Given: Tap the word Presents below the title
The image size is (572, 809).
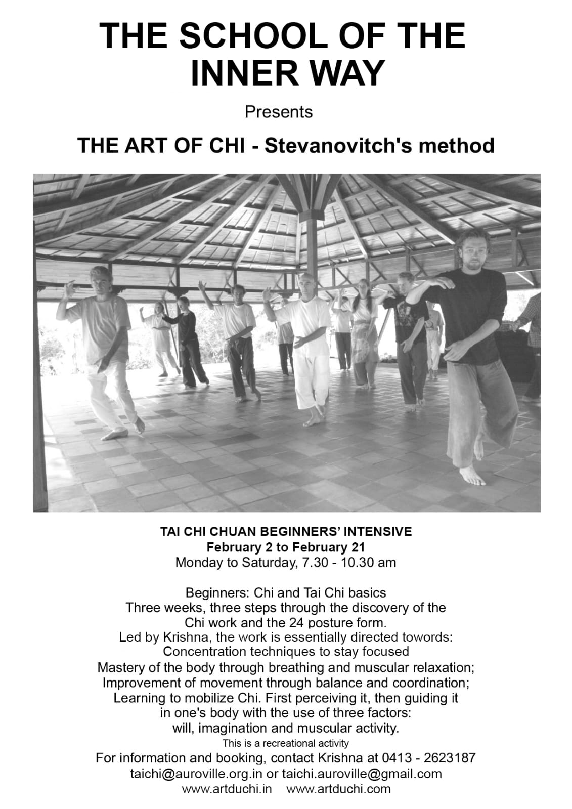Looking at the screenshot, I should [279, 111].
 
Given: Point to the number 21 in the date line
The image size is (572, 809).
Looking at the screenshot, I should [357, 547].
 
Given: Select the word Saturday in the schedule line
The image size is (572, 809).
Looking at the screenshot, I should [263, 562].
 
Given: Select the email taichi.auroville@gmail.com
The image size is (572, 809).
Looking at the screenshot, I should [362, 774].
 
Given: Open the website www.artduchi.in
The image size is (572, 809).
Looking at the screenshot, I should [227, 789].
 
